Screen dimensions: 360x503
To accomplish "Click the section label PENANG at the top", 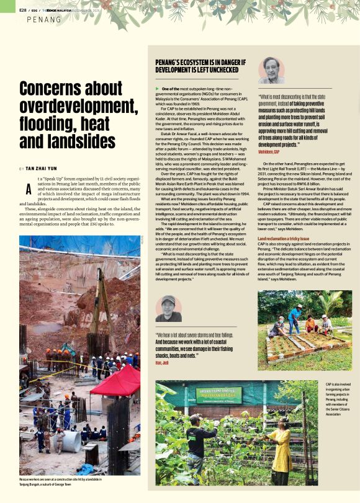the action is tap(44, 20).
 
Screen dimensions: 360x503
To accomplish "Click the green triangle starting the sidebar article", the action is tap(157, 89).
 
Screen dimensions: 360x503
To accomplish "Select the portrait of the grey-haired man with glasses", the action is tap(271, 69).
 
